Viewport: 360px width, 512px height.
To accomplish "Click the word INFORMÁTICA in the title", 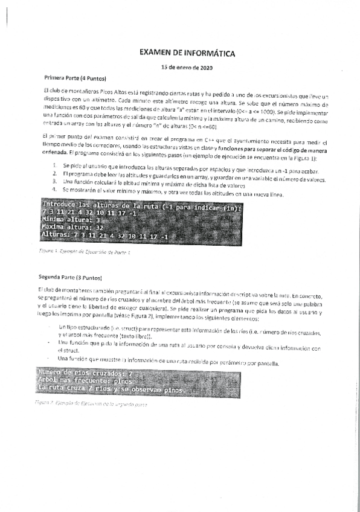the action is pos(206,54).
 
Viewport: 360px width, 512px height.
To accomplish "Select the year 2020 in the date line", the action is pos(205,67).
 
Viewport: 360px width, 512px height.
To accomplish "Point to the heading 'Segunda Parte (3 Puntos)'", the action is pos(70,277).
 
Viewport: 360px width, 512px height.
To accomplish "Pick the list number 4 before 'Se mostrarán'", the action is pos(54,189).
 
